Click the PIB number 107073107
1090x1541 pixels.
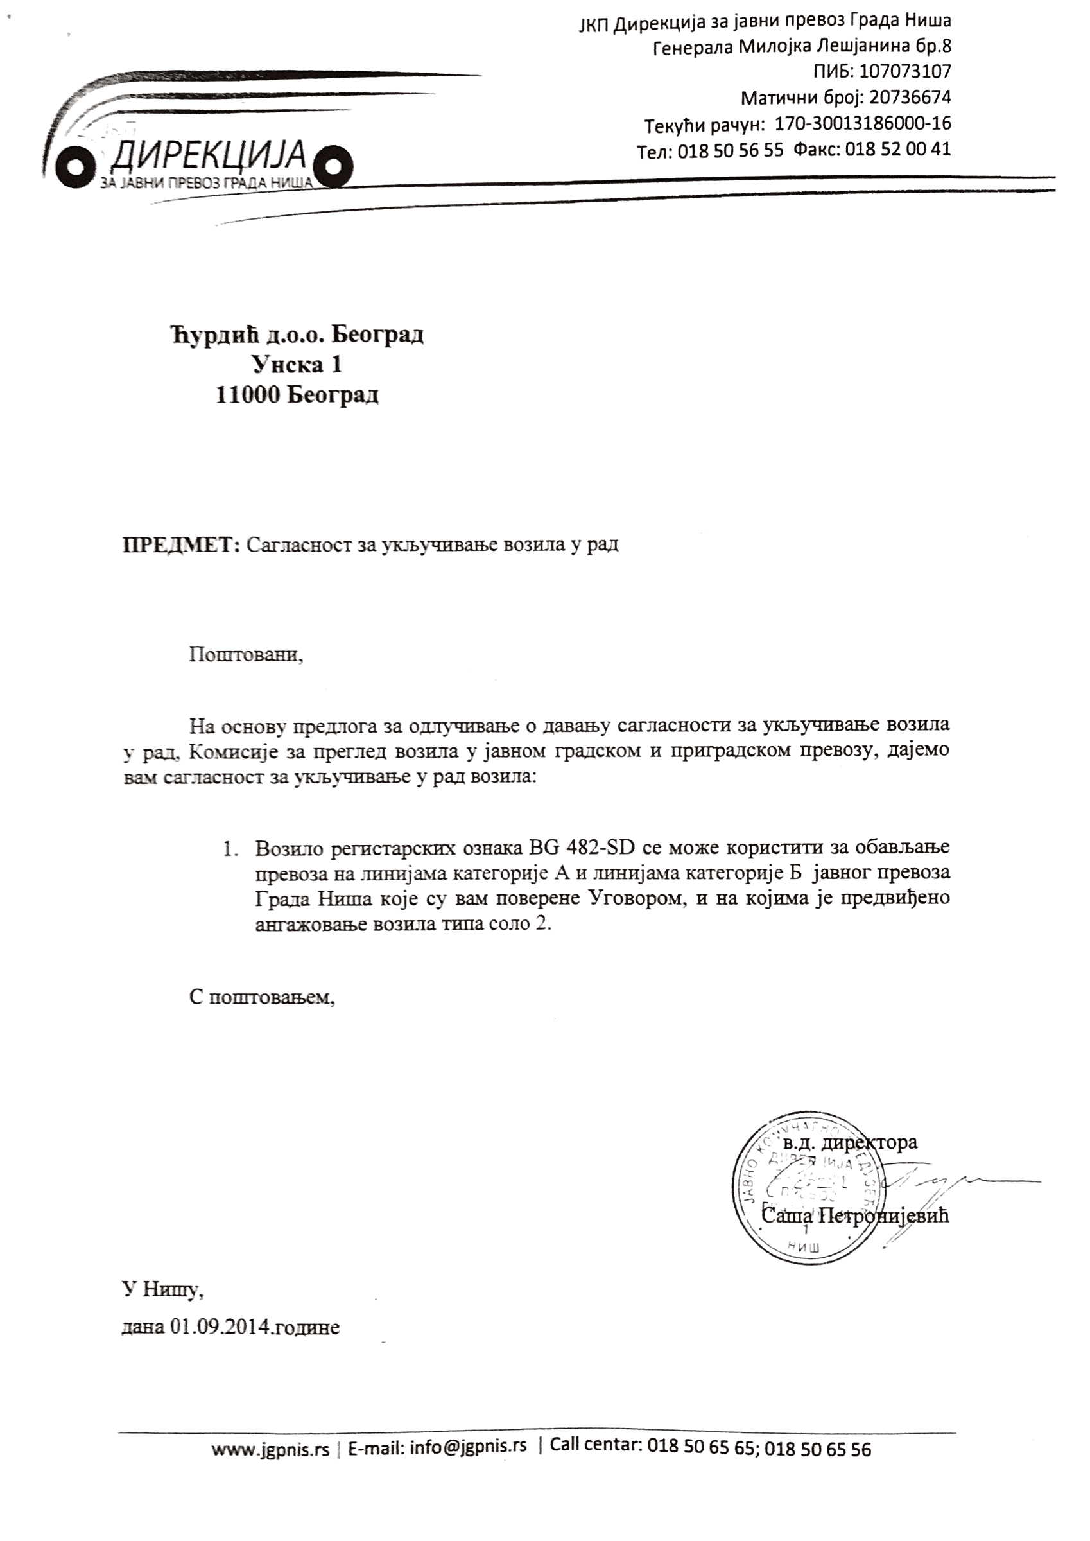[x=904, y=71]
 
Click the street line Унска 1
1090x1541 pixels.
[x=297, y=365]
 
